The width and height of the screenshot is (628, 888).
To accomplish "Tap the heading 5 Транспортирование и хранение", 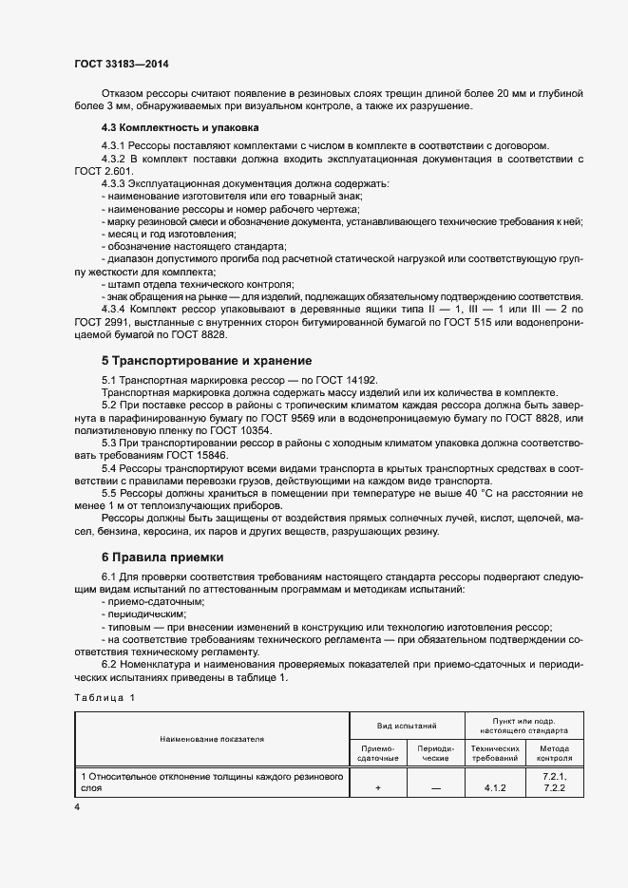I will click(207, 361).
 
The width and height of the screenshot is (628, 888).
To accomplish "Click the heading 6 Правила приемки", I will click(162, 556).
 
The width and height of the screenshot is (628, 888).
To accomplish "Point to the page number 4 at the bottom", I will click(77, 806).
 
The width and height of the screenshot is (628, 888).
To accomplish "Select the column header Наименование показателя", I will click(212, 737).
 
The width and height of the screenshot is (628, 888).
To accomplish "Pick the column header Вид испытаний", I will click(407, 725).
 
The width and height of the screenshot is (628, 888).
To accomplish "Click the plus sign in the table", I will click(377, 787).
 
